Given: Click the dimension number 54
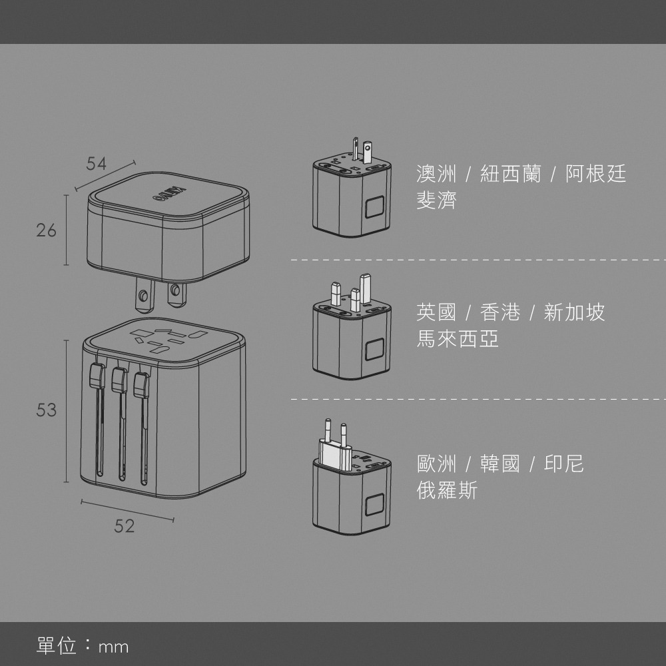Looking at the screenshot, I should point(97,164).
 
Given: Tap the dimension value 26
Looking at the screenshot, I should point(47,230).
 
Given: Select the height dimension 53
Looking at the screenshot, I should point(47,410).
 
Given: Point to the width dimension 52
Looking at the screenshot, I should point(125,526).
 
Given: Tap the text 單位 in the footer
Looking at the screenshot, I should point(57,645).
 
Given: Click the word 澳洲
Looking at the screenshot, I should point(436,174).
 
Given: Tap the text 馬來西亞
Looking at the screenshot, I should point(458,340).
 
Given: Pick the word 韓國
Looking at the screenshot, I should point(500,464).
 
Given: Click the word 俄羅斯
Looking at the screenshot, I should point(447,492).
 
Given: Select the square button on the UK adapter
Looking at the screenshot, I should point(374,350).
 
